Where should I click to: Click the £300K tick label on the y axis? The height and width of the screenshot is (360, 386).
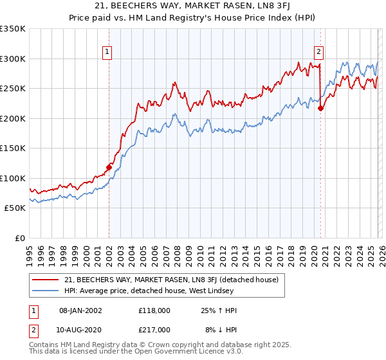point(13,59)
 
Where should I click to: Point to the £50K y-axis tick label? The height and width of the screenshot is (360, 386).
point(15,208)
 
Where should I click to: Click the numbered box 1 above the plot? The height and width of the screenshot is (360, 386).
point(106,53)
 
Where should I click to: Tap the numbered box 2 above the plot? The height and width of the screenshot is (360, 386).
point(318,53)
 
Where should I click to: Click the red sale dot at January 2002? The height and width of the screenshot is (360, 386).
point(109,168)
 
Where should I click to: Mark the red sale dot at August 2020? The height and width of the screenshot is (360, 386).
point(320,109)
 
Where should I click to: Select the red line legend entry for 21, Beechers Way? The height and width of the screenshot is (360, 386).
point(171,280)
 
